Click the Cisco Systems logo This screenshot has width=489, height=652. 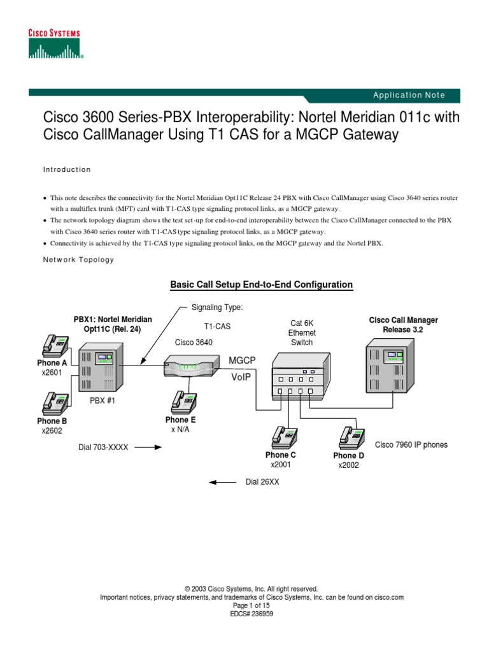(55, 44)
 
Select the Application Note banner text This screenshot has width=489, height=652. (409, 96)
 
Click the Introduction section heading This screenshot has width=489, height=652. (67, 170)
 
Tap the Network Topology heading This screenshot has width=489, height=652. (78, 260)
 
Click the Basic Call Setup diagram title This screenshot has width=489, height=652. (261, 285)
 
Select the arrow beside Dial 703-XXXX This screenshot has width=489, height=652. (149, 447)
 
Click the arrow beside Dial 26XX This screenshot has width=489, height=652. (223, 483)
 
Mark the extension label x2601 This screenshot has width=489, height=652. (52, 372)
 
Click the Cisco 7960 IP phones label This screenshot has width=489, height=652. (411, 444)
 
